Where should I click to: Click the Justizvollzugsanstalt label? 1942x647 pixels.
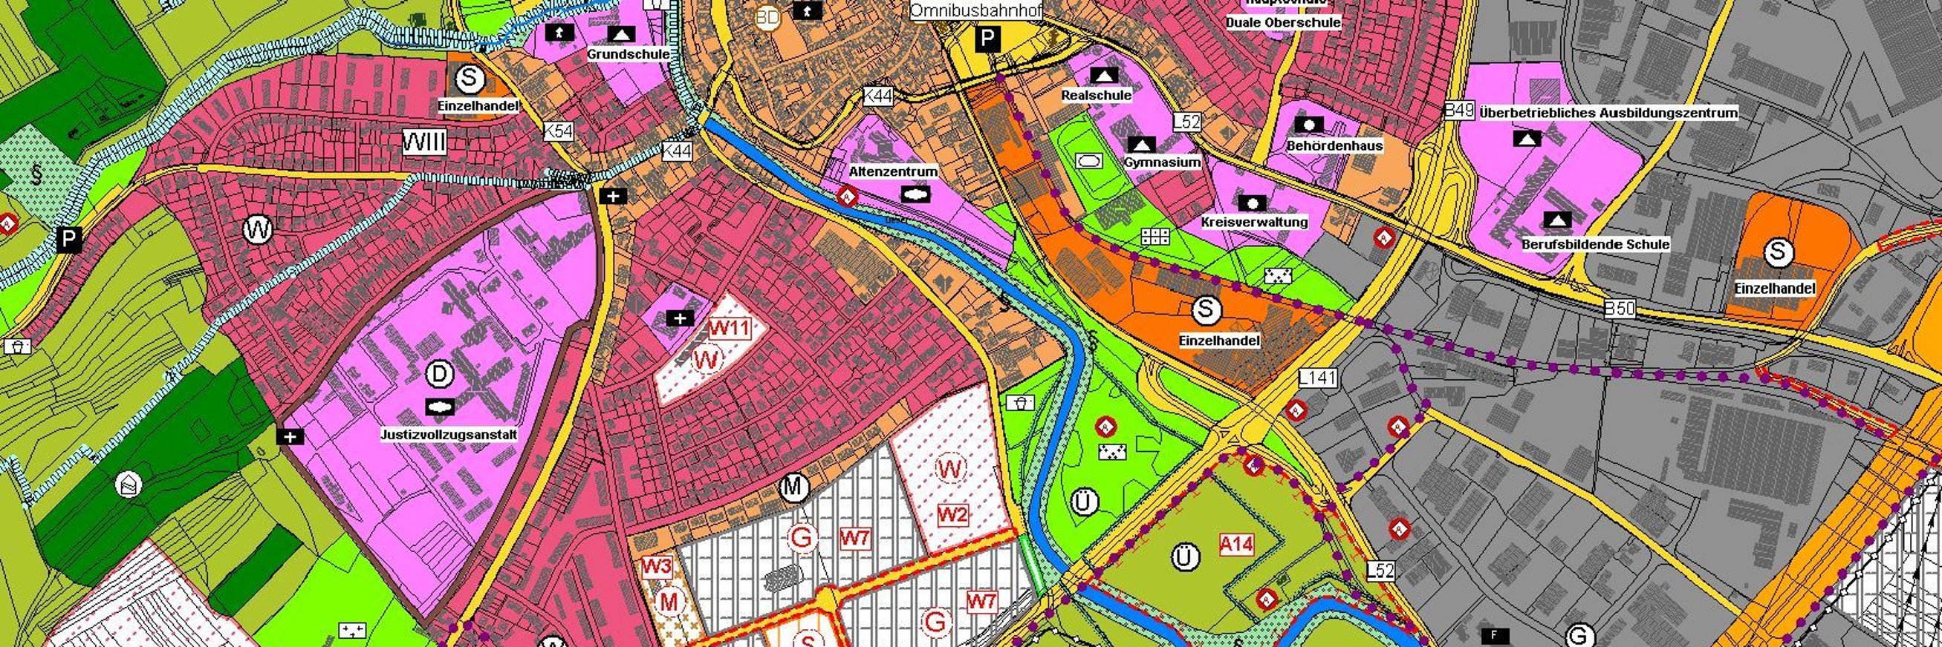click(449, 436)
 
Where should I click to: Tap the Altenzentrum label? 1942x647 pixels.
click(892, 171)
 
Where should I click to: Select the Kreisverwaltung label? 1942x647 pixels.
click(1254, 222)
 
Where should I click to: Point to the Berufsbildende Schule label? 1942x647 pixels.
click(1594, 244)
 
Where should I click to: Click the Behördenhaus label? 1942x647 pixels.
click(1334, 145)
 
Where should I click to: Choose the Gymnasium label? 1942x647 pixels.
click(1162, 162)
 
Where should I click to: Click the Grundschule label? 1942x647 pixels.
click(628, 54)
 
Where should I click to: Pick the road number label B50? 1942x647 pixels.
click(1620, 308)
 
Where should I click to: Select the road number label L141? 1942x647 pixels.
click(1318, 379)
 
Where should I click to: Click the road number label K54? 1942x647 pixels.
click(559, 131)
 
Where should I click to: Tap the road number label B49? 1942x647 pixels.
click(1459, 111)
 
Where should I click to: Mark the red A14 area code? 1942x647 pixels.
click(1236, 544)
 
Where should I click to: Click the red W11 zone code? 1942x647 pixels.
click(729, 329)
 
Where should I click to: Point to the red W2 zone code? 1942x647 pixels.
click(952, 515)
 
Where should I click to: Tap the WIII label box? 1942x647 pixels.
click(423, 142)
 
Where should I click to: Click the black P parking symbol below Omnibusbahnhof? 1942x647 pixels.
click(987, 39)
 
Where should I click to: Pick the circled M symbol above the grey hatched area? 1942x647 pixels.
click(793, 488)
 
